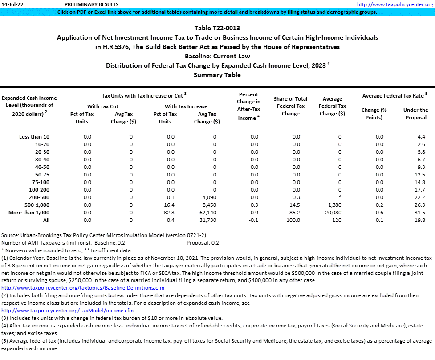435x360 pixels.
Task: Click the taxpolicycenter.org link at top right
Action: [395, 4]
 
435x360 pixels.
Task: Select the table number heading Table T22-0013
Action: [217, 28]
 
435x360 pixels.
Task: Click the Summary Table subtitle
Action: [217, 75]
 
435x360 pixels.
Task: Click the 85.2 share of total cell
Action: [296, 213]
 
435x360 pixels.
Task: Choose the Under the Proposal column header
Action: [415, 114]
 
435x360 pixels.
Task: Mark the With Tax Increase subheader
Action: [186, 106]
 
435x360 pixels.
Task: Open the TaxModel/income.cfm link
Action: [67, 310]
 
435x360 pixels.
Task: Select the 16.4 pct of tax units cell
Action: [171, 205]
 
